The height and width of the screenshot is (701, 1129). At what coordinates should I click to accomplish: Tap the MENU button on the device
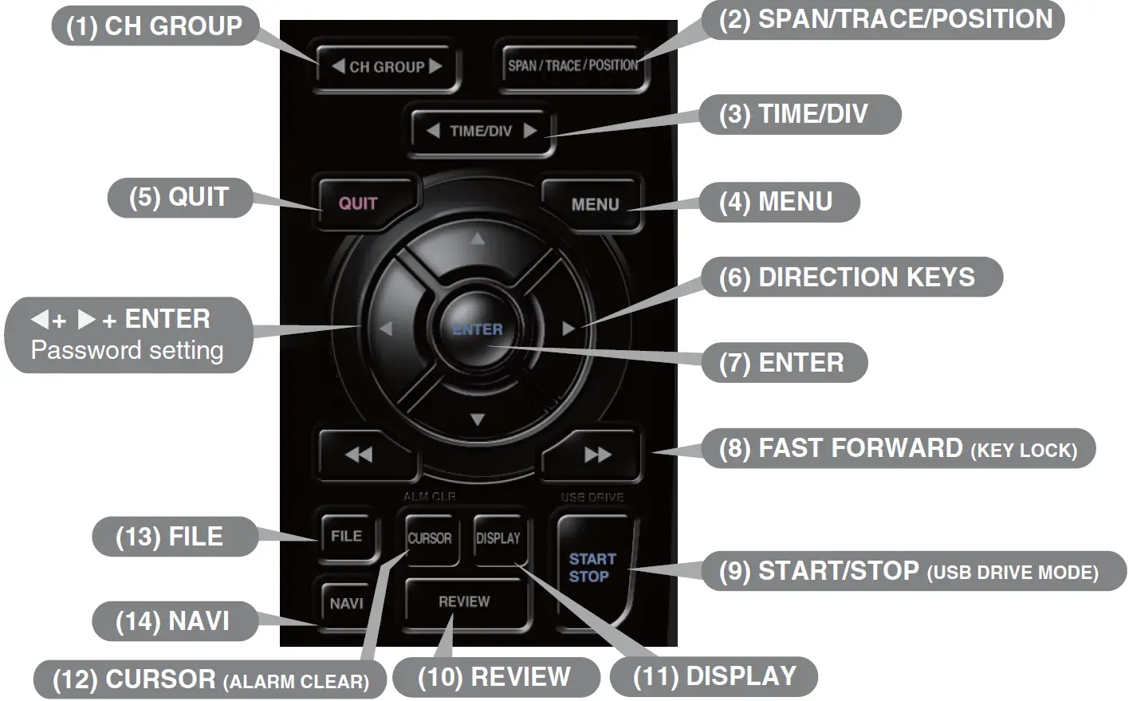click(594, 204)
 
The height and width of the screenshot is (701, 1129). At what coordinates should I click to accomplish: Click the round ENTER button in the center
click(477, 329)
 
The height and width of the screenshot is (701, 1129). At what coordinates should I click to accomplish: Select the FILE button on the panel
click(346, 536)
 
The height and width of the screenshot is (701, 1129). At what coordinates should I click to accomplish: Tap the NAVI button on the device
click(346, 604)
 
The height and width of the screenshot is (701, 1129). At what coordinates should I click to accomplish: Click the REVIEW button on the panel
click(464, 602)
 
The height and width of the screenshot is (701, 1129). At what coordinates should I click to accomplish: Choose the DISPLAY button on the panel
click(498, 538)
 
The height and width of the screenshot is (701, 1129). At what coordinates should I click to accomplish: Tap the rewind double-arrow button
click(359, 455)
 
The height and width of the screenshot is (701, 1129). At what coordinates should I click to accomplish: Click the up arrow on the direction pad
click(477, 238)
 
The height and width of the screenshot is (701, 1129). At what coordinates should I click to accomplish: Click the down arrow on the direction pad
click(477, 419)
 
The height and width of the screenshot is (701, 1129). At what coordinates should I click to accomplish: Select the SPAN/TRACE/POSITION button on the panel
click(572, 65)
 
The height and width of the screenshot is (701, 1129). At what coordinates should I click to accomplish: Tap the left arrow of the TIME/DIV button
click(432, 131)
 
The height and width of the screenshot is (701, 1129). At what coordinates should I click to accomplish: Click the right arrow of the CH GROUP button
click(435, 67)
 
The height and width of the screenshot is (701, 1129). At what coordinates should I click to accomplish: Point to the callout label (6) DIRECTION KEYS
click(850, 277)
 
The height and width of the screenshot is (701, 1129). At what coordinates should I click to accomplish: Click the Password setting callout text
click(127, 350)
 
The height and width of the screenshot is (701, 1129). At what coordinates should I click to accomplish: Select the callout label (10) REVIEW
click(494, 677)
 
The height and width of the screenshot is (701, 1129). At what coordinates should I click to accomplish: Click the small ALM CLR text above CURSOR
click(429, 496)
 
